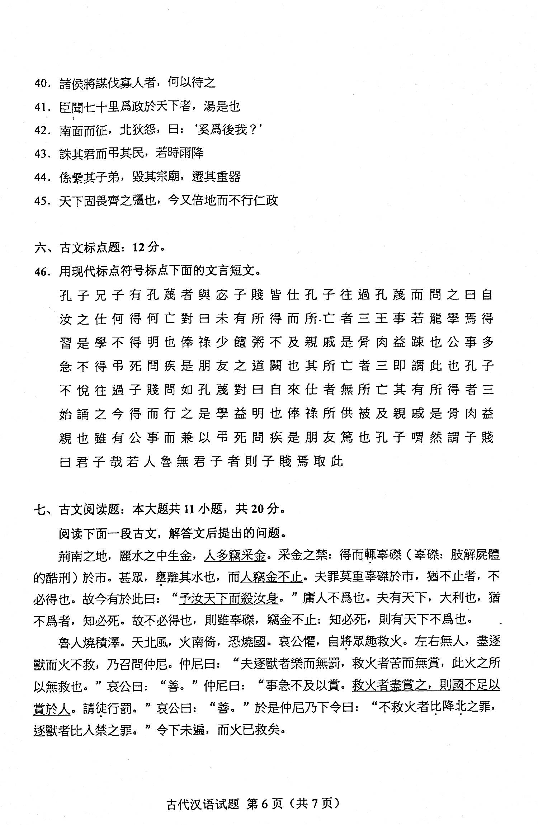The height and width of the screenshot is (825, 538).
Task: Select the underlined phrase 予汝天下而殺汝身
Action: pos(228,599)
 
